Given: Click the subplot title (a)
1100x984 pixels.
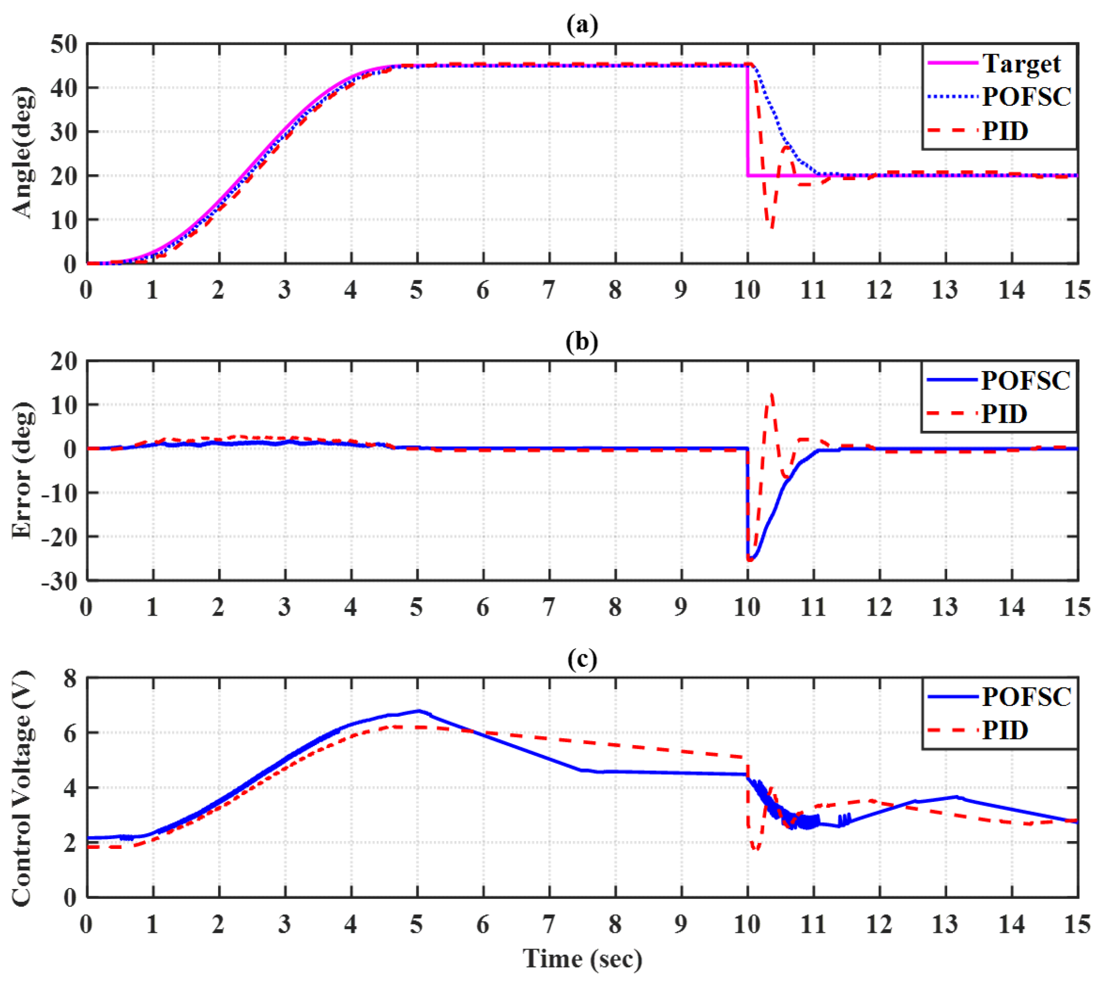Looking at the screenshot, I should pyautogui.click(x=582, y=25).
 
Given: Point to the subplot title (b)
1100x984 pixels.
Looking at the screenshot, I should pyautogui.click(x=582, y=342).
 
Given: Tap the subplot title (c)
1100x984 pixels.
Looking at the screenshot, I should pyautogui.click(x=582, y=659).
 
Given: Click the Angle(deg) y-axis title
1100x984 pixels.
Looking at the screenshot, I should pyautogui.click(x=23, y=153).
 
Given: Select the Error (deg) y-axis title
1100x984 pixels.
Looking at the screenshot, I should pyautogui.click(x=23, y=470).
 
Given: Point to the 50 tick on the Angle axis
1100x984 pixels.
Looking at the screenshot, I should pyautogui.click(x=64, y=44).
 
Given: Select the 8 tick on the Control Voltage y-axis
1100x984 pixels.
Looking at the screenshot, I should pyautogui.click(x=70, y=679).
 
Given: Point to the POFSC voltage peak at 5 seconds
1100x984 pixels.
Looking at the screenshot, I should pyautogui.click(x=418, y=711).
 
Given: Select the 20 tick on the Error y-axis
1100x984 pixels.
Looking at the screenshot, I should pyautogui.click(x=64, y=361).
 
